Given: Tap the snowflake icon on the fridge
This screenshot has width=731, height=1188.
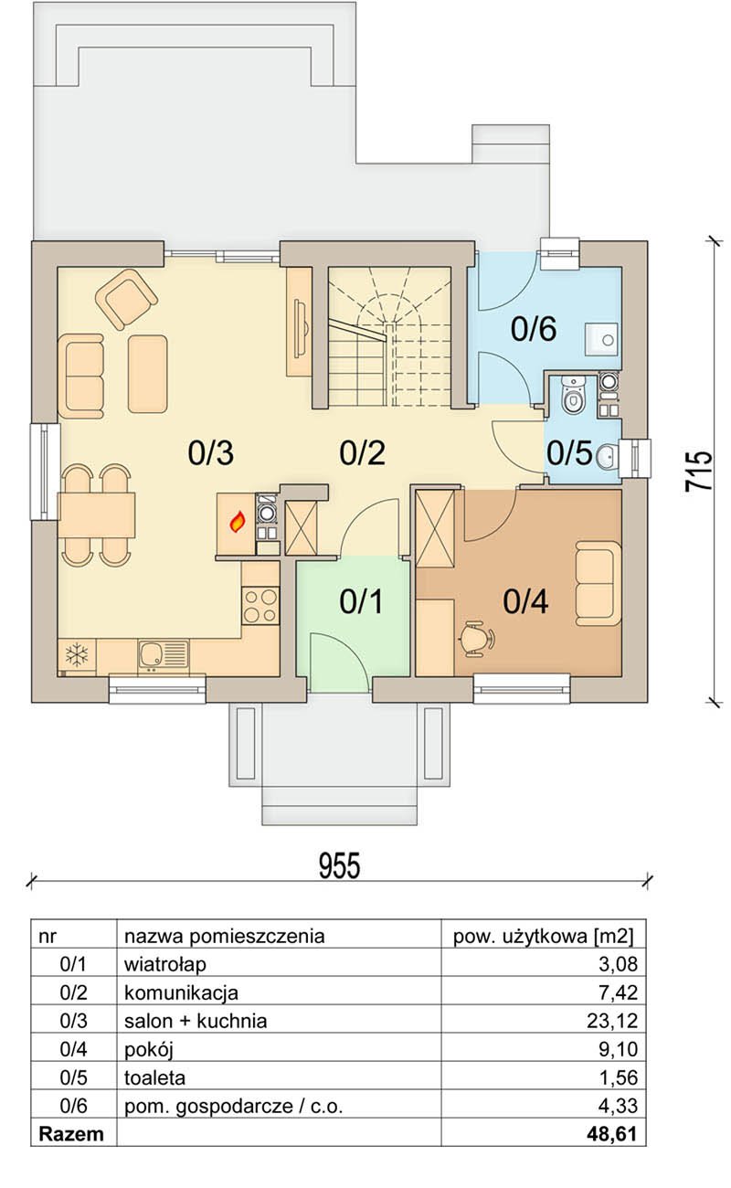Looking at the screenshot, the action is [77, 655].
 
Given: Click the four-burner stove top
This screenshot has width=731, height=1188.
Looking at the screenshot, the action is [260, 606].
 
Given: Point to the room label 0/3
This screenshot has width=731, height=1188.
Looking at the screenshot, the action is [210, 453].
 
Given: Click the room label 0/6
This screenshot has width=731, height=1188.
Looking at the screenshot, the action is [533, 329].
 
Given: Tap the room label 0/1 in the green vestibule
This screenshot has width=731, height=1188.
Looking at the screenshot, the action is [361, 602].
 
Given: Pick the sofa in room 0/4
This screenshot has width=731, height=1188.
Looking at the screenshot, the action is [599, 583].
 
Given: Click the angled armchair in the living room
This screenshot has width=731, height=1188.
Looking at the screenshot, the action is [126, 299].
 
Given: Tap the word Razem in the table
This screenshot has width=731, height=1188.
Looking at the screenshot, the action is [71, 1134].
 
